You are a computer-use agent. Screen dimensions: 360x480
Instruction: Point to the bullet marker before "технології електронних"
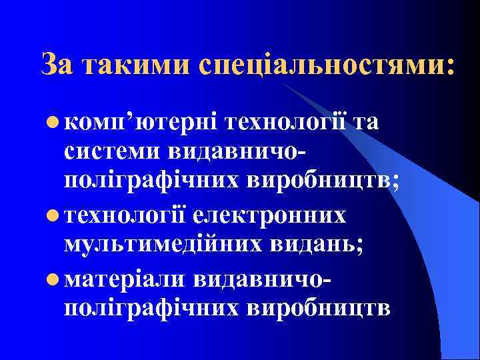point(52,216)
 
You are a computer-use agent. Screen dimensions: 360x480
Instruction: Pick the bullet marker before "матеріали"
point(52,279)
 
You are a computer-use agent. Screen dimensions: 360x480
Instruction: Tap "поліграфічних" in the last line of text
point(150,309)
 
